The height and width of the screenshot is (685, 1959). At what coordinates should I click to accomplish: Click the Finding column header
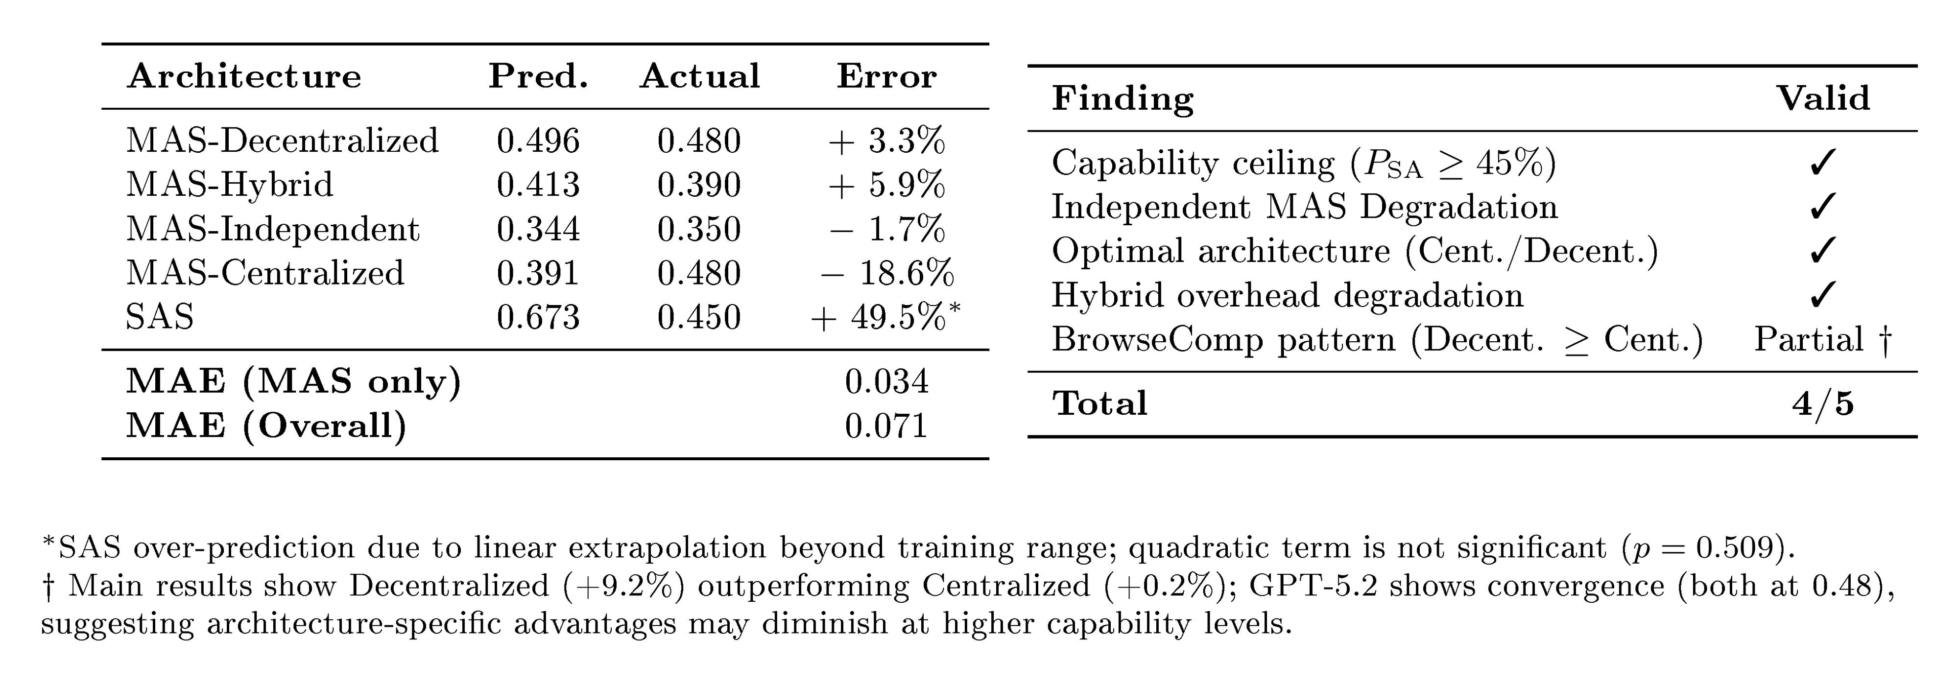(1123, 99)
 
